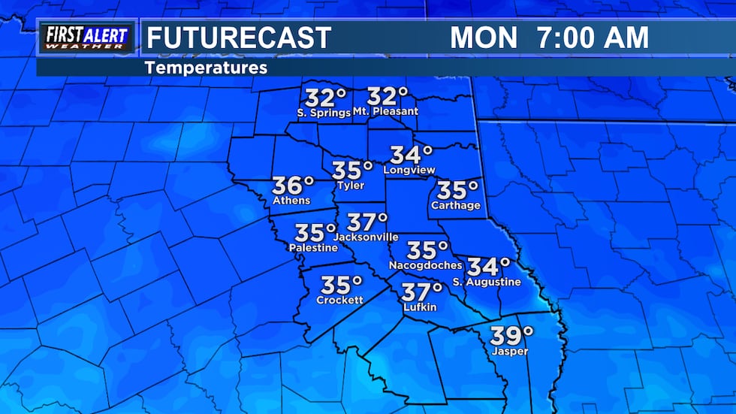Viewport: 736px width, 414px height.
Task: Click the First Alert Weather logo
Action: tap(86, 38)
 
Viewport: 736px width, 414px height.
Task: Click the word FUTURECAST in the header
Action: tap(238, 38)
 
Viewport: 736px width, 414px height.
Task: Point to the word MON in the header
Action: tap(484, 38)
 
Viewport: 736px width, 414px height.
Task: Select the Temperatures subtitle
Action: tap(206, 68)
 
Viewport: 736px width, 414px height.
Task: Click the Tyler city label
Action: tap(351, 186)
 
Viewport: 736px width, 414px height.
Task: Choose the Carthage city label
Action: tap(456, 205)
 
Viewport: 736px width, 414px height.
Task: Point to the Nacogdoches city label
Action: tap(426, 265)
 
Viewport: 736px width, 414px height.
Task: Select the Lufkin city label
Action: tap(420, 307)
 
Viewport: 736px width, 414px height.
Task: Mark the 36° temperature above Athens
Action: tap(293, 185)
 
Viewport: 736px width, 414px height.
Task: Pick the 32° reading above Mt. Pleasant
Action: tap(388, 96)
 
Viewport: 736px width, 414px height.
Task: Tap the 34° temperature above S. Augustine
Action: tap(489, 266)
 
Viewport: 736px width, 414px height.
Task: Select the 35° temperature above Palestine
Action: tap(315, 233)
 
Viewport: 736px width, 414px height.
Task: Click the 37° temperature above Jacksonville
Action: tap(367, 222)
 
